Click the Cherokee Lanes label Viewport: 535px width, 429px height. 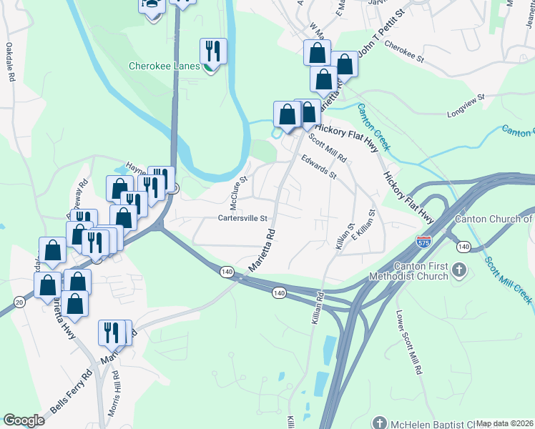tap(164, 66)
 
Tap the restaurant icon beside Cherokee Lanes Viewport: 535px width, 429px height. tap(213, 51)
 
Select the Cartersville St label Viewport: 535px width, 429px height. tap(242, 218)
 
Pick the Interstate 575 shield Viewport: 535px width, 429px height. tap(424, 242)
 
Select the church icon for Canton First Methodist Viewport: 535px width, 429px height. tap(459, 271)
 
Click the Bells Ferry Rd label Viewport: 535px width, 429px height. tap(72, 392)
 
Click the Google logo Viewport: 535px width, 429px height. tap(24, 420)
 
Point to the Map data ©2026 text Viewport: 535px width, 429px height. tap(505, 423)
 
